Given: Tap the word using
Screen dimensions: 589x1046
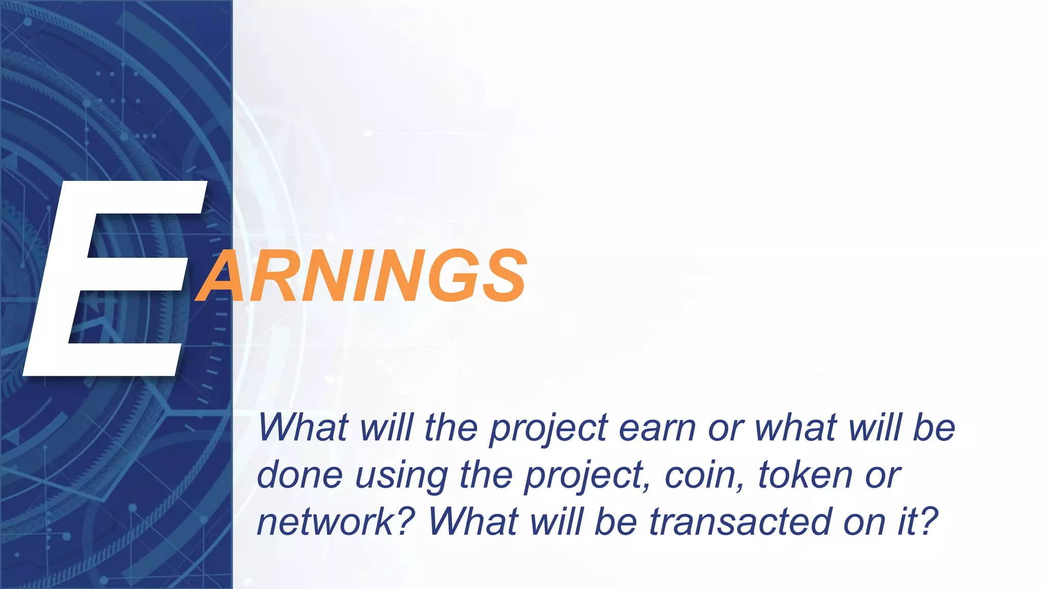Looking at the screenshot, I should pos(401,475).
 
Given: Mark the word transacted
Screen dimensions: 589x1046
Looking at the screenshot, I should pos(740,522).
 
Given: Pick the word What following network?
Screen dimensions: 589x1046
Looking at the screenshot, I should pos(472,522).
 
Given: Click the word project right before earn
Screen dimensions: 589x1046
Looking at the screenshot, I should pos(549,428).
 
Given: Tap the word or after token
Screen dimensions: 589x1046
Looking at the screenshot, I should pos(883,475).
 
